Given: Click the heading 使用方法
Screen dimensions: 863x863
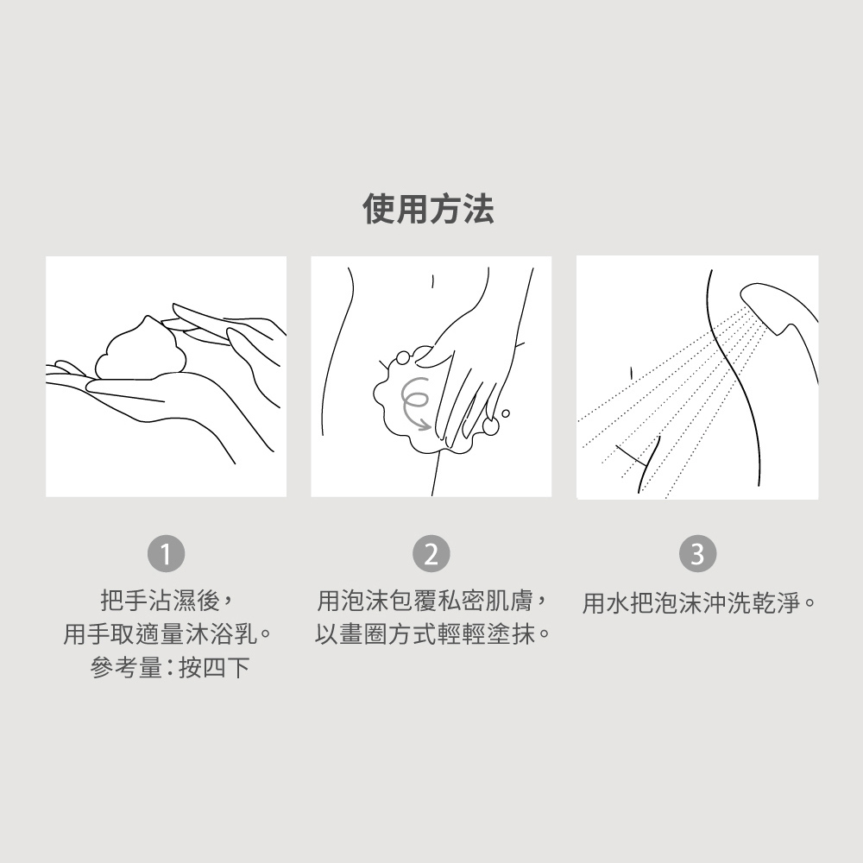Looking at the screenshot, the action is (x=428, y=209).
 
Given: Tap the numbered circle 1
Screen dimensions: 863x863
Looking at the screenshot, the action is (x=166, y=554).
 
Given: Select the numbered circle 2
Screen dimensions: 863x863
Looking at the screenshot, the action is (x=431, y=554).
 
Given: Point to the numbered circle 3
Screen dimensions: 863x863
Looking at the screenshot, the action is (x=697, y=554).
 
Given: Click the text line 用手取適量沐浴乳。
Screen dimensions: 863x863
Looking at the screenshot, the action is (x=168, y=634).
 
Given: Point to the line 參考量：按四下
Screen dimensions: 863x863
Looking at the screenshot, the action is (x=170, y=668).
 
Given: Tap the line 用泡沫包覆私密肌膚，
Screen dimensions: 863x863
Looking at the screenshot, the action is (x=432, y=600).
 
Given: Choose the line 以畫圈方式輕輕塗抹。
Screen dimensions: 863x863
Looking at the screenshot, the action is (x=432, y=634).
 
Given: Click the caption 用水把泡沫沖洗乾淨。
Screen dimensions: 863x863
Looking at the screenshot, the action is (x=699, y=603).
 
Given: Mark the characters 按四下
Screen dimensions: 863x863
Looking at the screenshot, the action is (x=214, y=668).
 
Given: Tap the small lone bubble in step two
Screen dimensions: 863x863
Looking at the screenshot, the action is (x=505, y=413).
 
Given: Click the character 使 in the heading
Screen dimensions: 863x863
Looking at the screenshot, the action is (x=378, y=209).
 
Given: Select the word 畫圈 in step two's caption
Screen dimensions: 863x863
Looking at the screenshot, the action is (x=362, y=634).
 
